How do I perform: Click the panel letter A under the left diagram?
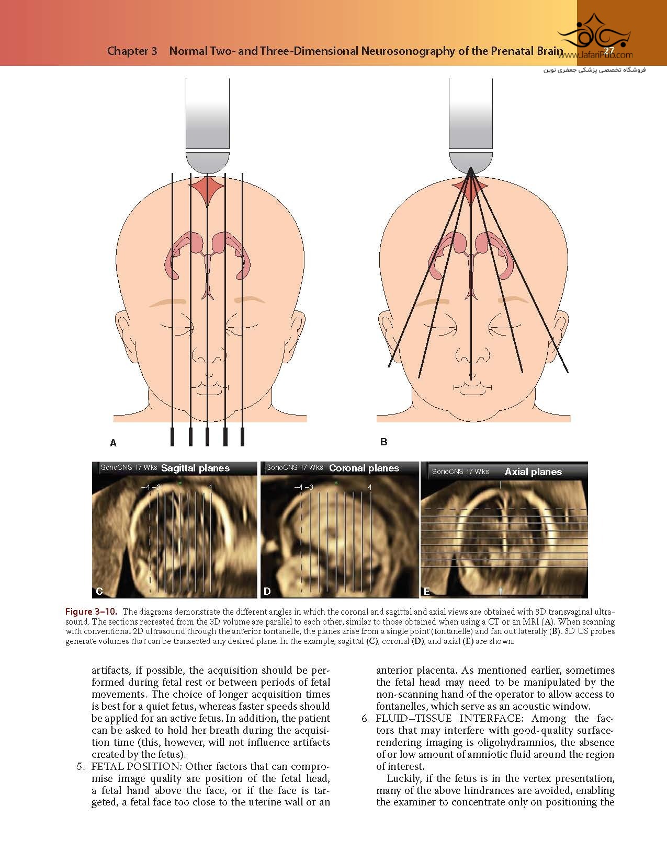click(x=113, y=443)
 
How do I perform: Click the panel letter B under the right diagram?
click(x=384, y=442)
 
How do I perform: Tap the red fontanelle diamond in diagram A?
click(x=208, y=192)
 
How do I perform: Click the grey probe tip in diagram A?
click(x=208, y=163)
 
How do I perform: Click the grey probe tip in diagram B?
click(x=471, y=162)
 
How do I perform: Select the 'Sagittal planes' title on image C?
click(x=195, y=468)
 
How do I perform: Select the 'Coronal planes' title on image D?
click(x=364, y=468)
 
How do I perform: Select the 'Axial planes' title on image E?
click(x=533, y=472)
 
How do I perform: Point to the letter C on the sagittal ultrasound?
click(x=99, y=591)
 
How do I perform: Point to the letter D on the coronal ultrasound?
click(x=267, y=591)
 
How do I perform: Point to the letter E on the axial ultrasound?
click(x=427, y=591)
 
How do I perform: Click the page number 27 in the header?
click(x=608, y=51)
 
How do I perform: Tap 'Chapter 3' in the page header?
click(x=132, y=51)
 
